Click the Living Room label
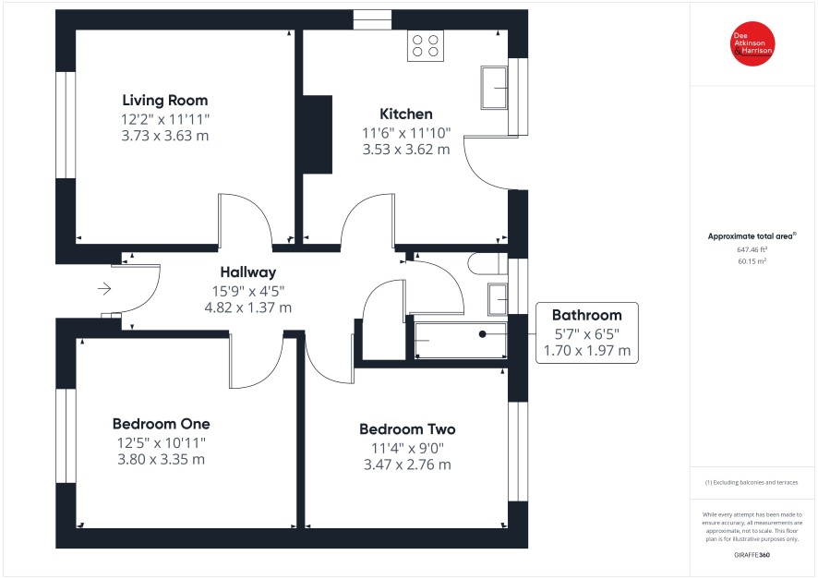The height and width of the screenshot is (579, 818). (165, 100)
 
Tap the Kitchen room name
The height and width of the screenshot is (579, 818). (406, 114)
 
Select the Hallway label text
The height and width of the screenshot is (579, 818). (247, 272)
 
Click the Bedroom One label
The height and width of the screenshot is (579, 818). (162, 424)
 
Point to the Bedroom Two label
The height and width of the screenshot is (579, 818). (407, 429)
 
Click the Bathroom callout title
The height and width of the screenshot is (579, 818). (587, 315)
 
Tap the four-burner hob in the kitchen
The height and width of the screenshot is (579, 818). (426, 45)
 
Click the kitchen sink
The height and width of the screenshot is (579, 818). (494, 88)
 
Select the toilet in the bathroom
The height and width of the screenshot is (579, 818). (487, 263)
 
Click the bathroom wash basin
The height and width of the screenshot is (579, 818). (498, 299)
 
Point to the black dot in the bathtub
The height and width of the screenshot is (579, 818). (483, 334)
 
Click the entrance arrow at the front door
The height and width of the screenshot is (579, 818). (104, 288)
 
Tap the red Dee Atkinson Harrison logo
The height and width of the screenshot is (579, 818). (752, 43)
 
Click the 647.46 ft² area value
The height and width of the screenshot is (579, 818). (752, 250)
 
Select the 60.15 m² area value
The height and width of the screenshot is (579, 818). (752, 261)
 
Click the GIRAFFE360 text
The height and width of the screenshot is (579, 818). (752, 555)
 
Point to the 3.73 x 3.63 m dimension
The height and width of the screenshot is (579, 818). (165, 136)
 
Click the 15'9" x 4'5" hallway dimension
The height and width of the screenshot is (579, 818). (247, 291)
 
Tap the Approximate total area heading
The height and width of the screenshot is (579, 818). (752, 236)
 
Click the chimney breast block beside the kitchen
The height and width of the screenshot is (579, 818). (318, 135)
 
